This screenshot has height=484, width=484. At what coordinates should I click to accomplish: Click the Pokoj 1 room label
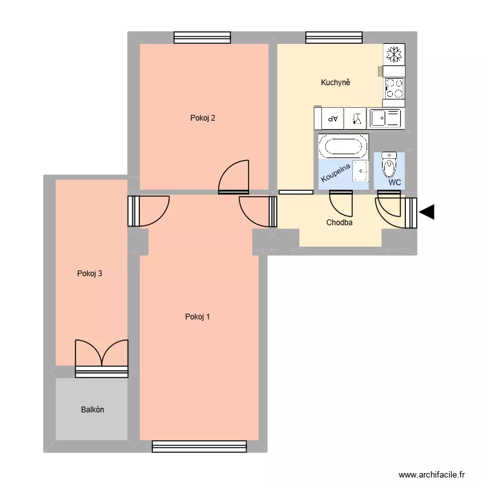pyautogui.click(x=197, y=317)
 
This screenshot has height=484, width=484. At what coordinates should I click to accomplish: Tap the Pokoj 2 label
pyautogui.click(x=203, y=118)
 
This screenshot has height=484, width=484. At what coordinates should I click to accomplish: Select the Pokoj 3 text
pyautogui.click(x=90, y=274)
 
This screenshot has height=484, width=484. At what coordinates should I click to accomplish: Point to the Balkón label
pyautogui.click(x=93, y=410)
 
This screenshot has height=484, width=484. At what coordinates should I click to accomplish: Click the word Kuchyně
pyautogui.click(x=336, y=83)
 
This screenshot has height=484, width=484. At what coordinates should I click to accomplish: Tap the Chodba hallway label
pyautogui.click(x=339, y=223)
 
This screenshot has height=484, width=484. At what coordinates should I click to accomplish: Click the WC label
pyautogui.click(x=395, y=183)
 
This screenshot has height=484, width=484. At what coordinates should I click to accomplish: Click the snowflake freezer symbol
pyautogui.click(x=393, y=54)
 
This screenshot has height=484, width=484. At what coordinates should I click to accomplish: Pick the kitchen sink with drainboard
pyautogui.click(x=385, y=118)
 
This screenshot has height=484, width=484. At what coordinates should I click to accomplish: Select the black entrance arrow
pyautogui.click(x=427, y=212)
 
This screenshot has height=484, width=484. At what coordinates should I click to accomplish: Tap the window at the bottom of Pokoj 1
pyautogui.click(x=199, y=446)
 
